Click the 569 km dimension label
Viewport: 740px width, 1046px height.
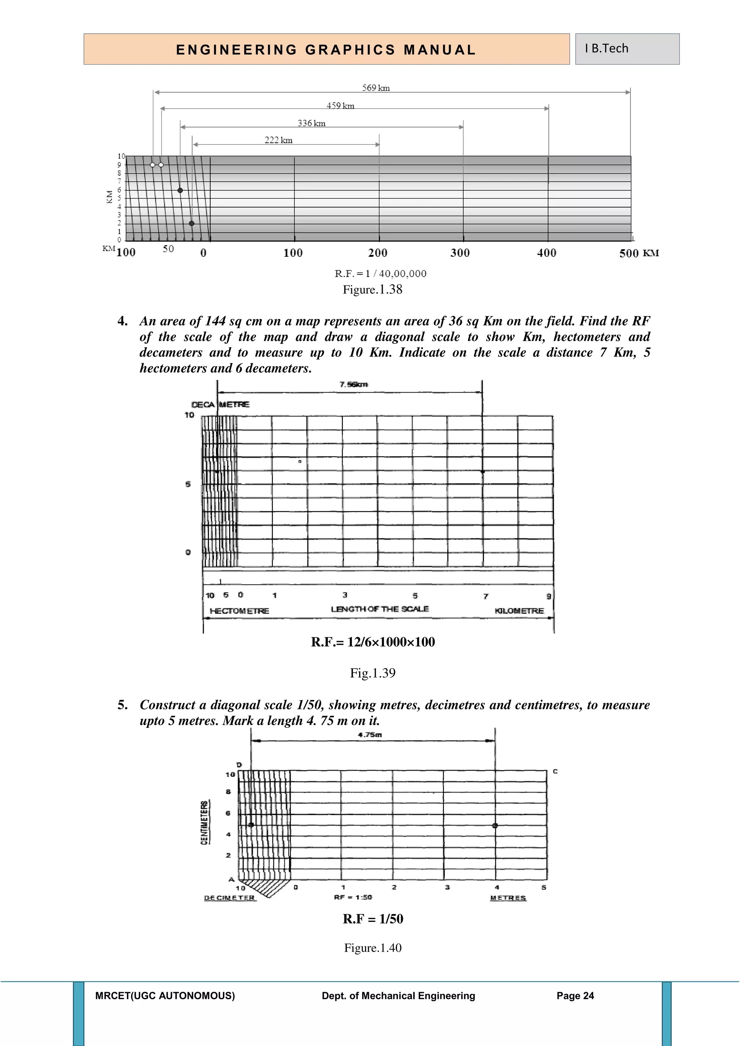[376, 88]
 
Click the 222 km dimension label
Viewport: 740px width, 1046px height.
[279, 140]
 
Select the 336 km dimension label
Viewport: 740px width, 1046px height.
[312, 124]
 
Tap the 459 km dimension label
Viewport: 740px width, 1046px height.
[340, 106]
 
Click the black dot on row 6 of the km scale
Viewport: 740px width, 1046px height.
[180, 190]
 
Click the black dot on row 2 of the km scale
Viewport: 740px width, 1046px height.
[192, 223]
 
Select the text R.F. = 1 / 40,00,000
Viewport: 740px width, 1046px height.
[380, 274]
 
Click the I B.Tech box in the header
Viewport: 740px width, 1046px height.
[627, 49]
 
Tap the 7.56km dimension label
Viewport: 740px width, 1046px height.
[354, 385]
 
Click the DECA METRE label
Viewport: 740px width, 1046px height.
[220, 405]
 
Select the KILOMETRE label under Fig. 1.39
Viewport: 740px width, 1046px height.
[519, 611]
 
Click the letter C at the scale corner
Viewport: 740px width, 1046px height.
[555, 771]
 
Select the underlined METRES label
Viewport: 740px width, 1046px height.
[508, 898]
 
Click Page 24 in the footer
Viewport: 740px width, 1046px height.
[575, 996]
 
